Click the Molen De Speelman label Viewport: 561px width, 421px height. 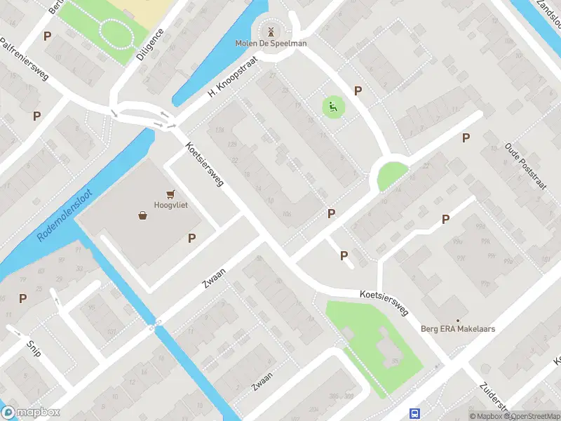coord(271,44)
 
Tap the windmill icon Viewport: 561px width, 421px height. coord(270,31)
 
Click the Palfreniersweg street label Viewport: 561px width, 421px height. coord(25,60)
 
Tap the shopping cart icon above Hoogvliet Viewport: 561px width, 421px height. coord(170,194)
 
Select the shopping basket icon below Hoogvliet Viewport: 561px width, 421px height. coord(143,215)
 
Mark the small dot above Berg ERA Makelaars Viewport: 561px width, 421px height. coord(458,320)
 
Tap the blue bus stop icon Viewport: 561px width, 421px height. coord(415,414)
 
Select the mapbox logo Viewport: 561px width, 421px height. coord(31,413)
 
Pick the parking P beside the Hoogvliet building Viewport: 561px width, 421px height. coord(191,239)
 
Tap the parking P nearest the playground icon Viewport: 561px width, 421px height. coord(358,91)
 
